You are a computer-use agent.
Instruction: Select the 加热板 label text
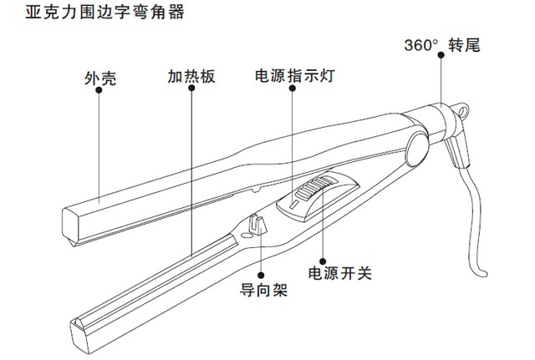click(x=191, y=77)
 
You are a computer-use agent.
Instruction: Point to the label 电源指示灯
click(x=292, y=77)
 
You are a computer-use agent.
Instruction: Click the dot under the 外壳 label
click(x=99, y=92)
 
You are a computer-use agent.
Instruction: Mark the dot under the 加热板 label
click(x=191, y=92)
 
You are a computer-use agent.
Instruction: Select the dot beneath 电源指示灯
click(x=292, y=92)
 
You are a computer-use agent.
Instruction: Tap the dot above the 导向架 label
click(x=262, y=276)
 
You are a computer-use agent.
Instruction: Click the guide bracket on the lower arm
click(x=257, y=226)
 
